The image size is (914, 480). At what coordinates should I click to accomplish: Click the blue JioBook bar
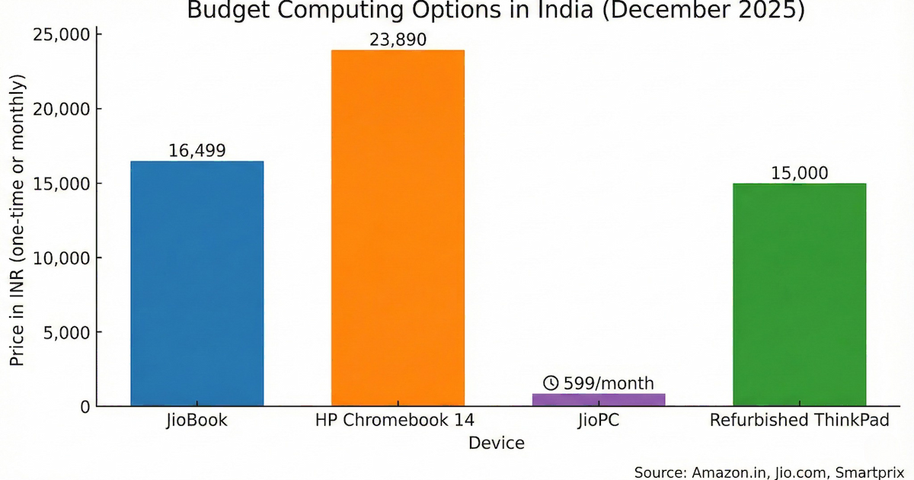[197, 283]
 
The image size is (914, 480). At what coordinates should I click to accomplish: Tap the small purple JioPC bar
[599, 399]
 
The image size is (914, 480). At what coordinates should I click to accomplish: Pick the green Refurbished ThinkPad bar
[799, 294]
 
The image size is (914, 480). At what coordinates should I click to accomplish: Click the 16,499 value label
[197, 151]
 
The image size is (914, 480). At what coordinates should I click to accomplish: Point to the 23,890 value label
[398, 40]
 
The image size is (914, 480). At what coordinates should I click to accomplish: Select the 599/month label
[608, 383]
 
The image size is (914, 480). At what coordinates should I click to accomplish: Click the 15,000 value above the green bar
[799, 173]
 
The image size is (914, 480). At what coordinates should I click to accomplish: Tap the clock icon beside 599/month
[551, 383]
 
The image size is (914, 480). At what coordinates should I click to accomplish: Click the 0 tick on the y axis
[85, 407]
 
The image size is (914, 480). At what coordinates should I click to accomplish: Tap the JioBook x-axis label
[197, 421]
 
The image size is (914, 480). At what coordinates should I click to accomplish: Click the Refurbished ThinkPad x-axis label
[799, 421]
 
